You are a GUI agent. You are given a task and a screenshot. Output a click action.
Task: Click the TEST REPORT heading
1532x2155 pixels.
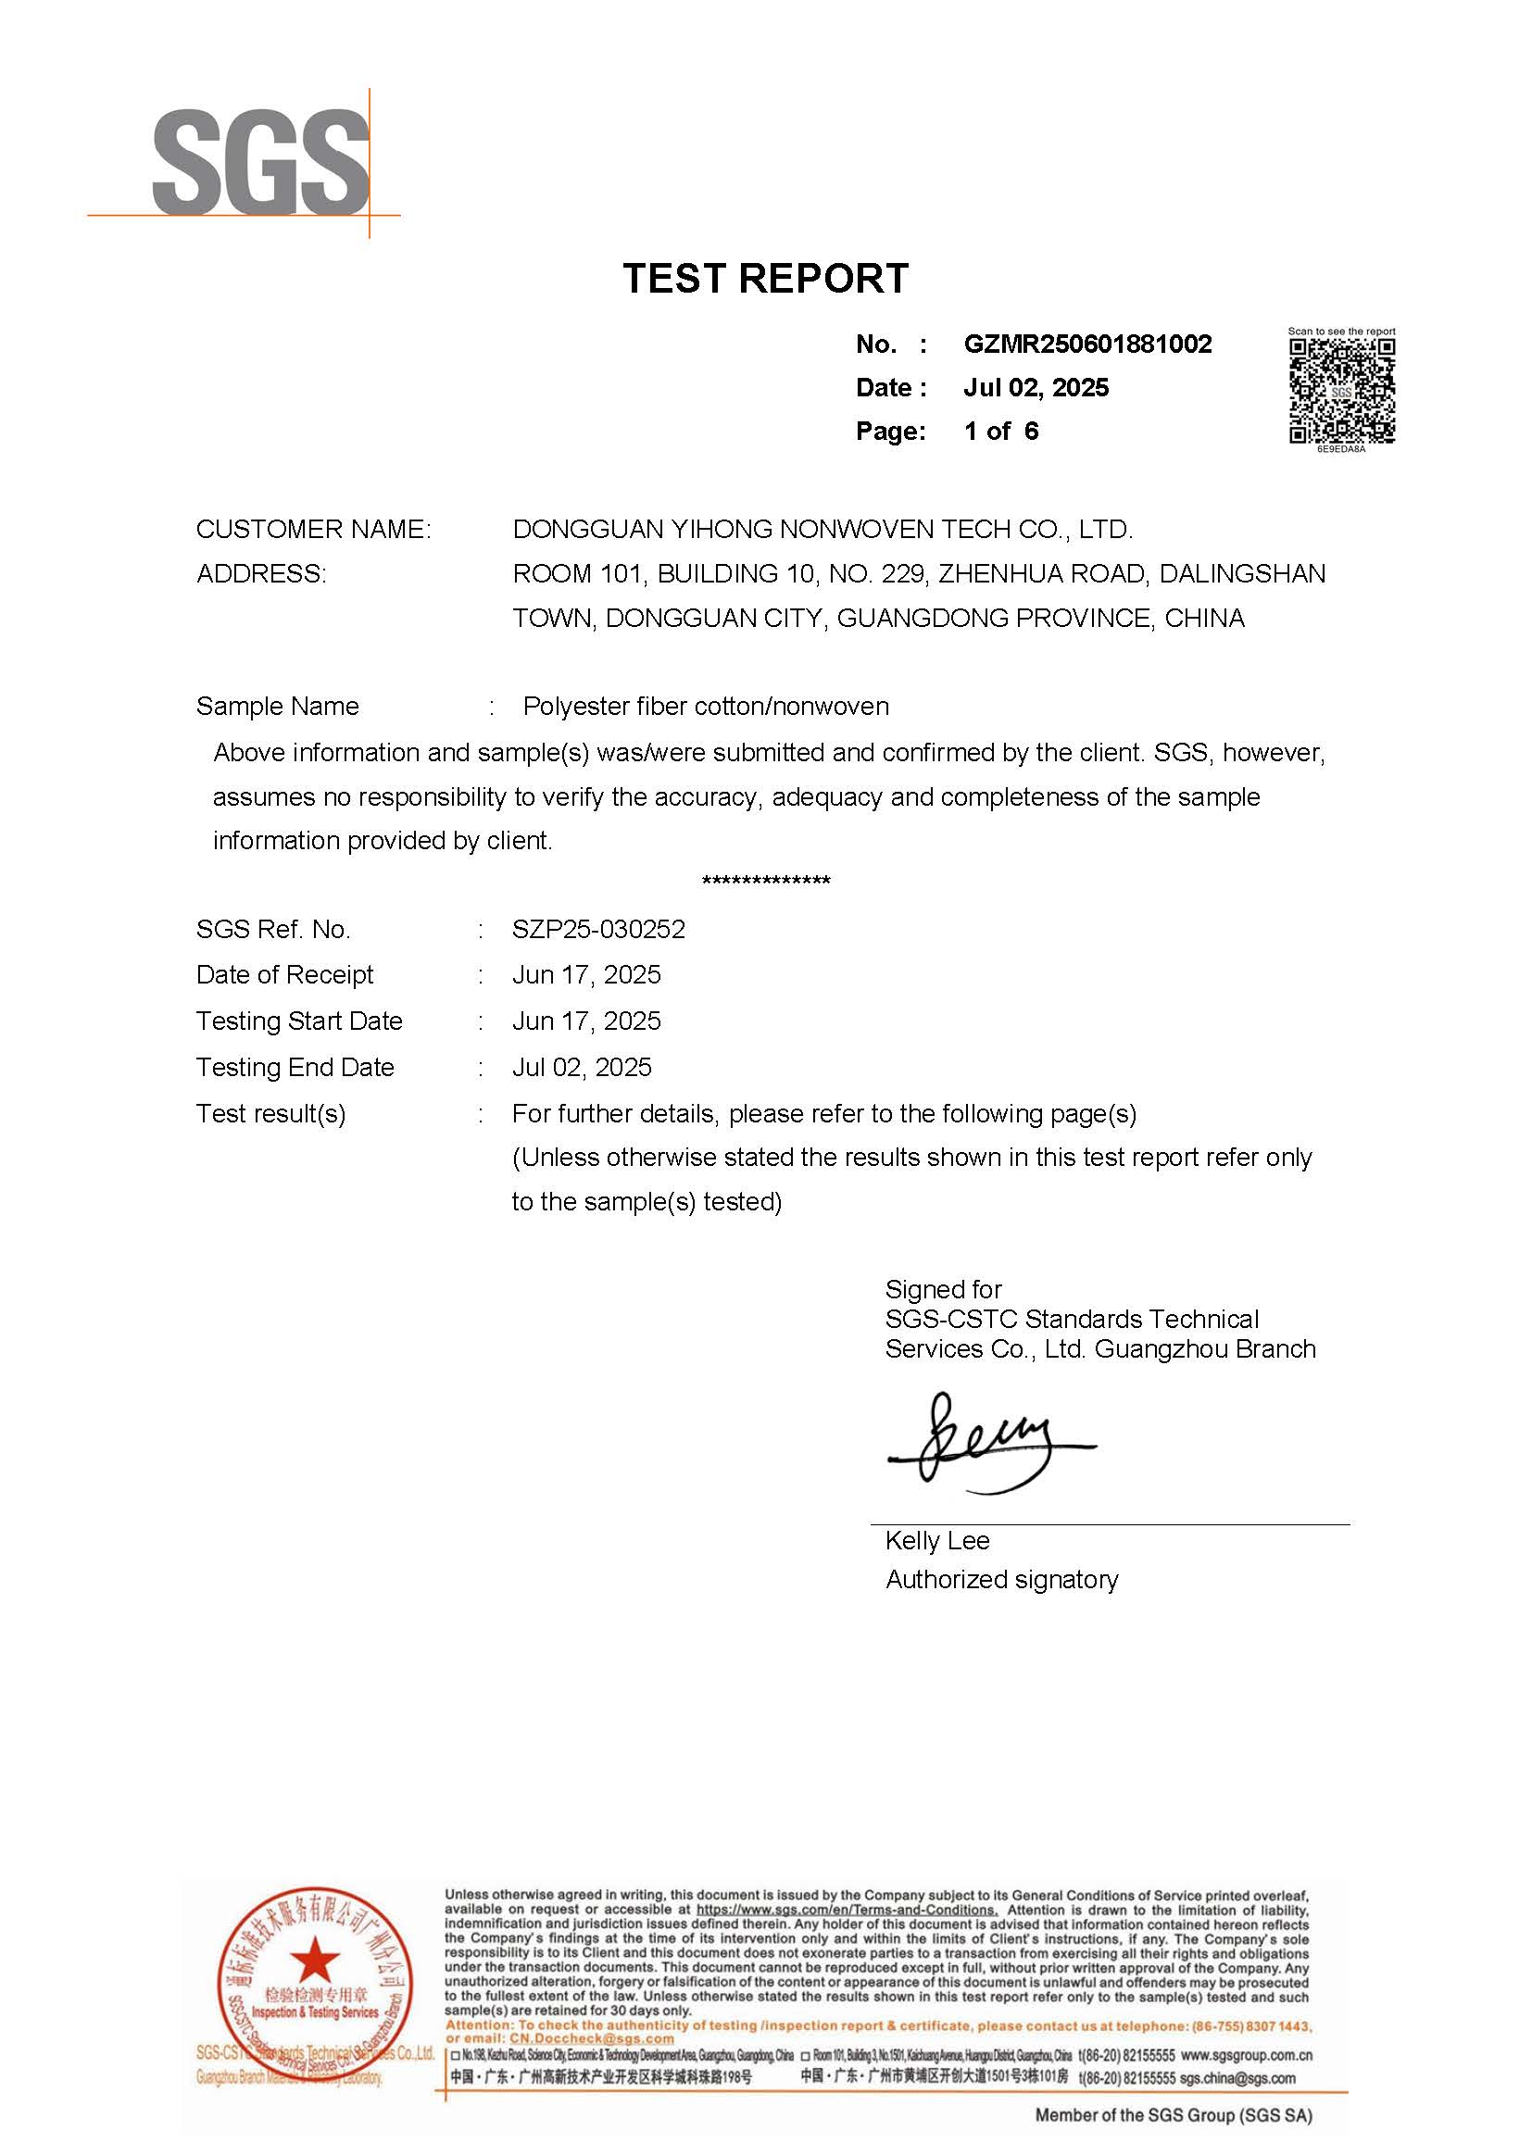point(765,279)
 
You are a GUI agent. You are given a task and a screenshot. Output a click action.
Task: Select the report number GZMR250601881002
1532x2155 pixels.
point(1086,345)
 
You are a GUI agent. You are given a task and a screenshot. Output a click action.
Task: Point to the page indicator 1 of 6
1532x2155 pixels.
point(1000,432)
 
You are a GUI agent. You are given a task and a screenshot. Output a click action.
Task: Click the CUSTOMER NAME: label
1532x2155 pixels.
point(313,530)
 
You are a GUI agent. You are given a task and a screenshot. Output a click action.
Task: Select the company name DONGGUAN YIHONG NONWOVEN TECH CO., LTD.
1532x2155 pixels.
point(823,530)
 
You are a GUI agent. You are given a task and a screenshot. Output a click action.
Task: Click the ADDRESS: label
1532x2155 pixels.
point(261,574)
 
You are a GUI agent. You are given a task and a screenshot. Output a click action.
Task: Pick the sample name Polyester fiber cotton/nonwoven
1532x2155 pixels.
point(706,707)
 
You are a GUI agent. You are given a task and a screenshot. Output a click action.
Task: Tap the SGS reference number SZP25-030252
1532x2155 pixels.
point(598,930)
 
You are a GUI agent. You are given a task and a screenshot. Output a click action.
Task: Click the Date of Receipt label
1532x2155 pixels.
point(284,975)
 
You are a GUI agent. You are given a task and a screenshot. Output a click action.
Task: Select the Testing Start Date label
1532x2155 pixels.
point(299,1021)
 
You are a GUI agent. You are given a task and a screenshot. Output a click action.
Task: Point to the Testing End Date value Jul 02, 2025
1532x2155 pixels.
point(581,1068)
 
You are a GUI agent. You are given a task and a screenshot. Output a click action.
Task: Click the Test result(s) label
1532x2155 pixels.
point(270,1114)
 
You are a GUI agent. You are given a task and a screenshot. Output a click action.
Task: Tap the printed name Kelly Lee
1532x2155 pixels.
point(936,1541)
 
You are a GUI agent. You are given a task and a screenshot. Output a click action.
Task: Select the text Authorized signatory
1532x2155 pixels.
point(1001,1580)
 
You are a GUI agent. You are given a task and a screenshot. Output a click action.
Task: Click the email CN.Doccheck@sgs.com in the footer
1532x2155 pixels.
point(592,2038)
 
